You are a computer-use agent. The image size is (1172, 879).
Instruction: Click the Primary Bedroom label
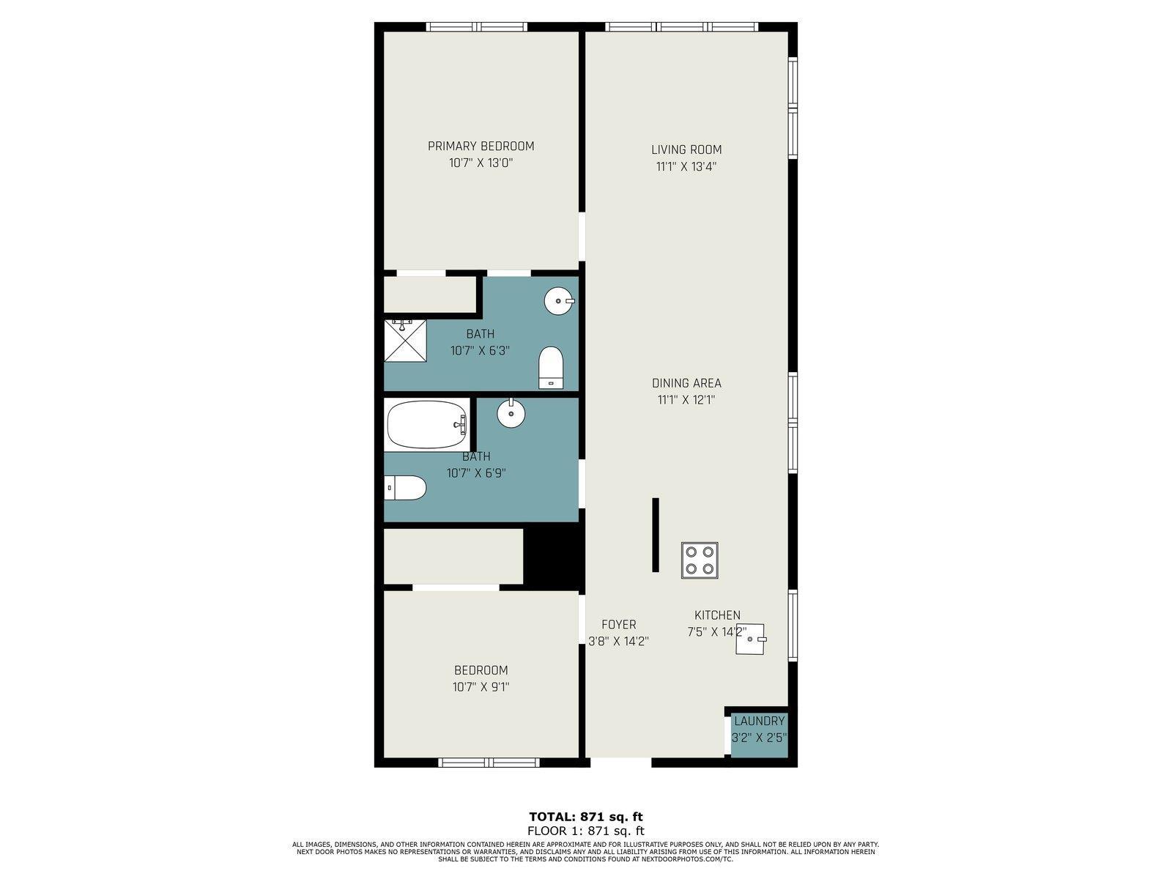481,146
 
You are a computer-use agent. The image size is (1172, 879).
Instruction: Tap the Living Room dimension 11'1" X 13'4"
686,166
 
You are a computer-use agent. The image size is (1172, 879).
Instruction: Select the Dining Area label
686,383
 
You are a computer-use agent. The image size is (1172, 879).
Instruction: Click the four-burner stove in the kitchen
700,560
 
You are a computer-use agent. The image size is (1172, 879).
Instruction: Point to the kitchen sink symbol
750,639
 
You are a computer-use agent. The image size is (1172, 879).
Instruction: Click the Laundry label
760,722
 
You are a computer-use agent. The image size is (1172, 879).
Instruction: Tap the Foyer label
619,624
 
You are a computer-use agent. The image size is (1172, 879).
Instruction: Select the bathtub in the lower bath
426,424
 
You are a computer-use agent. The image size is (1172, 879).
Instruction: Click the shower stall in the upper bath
406,341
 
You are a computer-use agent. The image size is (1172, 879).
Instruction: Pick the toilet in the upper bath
551,368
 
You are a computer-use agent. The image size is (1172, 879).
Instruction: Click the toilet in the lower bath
405,488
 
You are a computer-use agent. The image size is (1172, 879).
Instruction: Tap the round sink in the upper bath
558,301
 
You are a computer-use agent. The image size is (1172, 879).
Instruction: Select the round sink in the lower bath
511,412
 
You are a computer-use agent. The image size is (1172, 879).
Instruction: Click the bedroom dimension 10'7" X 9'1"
481,687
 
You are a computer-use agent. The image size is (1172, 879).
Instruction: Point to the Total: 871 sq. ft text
586,817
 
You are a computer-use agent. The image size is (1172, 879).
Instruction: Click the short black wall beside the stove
655,535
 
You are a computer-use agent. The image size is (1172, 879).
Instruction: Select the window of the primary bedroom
477,26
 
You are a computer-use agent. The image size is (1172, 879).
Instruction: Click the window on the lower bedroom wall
489,763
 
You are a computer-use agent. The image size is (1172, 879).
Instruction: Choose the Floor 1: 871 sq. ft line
586,831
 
